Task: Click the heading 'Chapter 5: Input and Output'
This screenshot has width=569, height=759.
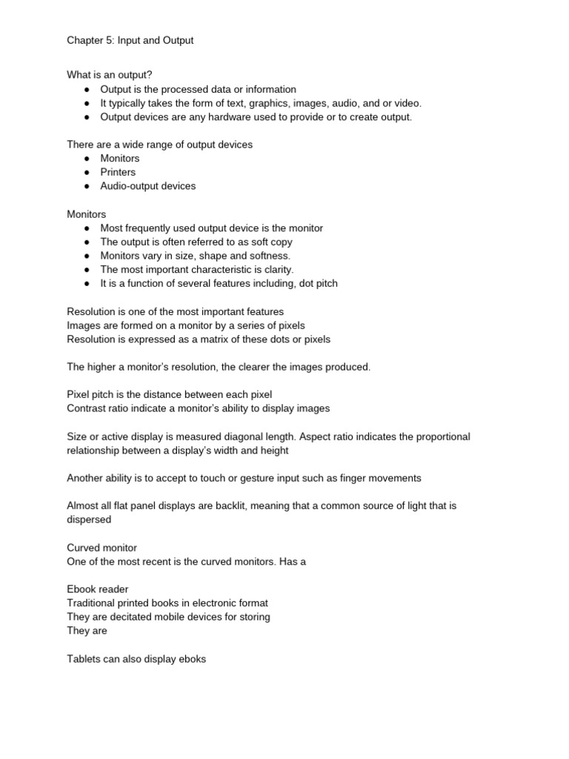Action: click(130, 40)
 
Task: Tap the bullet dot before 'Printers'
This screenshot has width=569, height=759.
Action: click(87, 172)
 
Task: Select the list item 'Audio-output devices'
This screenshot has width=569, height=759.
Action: click(148, 186)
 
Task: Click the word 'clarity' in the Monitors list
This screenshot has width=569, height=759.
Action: click(276, 270)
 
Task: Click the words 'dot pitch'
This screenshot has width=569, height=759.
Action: click(316, 283)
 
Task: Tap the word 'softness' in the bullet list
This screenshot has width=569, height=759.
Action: click(269, 256)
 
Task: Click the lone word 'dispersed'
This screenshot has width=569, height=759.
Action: click(89, 520)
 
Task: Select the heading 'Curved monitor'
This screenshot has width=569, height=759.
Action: click(102, 548)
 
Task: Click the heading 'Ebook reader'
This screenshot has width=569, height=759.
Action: click(98, 589)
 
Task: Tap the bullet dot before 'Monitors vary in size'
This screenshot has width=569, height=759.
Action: click(87, 256)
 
